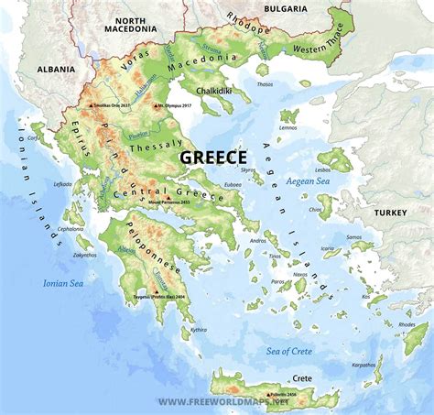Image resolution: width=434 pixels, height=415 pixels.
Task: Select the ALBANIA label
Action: (56, 69)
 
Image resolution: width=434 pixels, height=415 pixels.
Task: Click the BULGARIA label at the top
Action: (287, 8)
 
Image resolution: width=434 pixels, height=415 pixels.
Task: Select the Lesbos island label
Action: (322, 169)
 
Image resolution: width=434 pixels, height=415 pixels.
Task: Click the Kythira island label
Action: (198, 329)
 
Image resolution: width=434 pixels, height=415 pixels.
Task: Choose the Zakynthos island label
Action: (84, 255)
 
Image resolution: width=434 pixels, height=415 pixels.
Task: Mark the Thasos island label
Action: (265, 84)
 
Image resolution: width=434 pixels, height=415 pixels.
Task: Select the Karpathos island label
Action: (363, 364)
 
